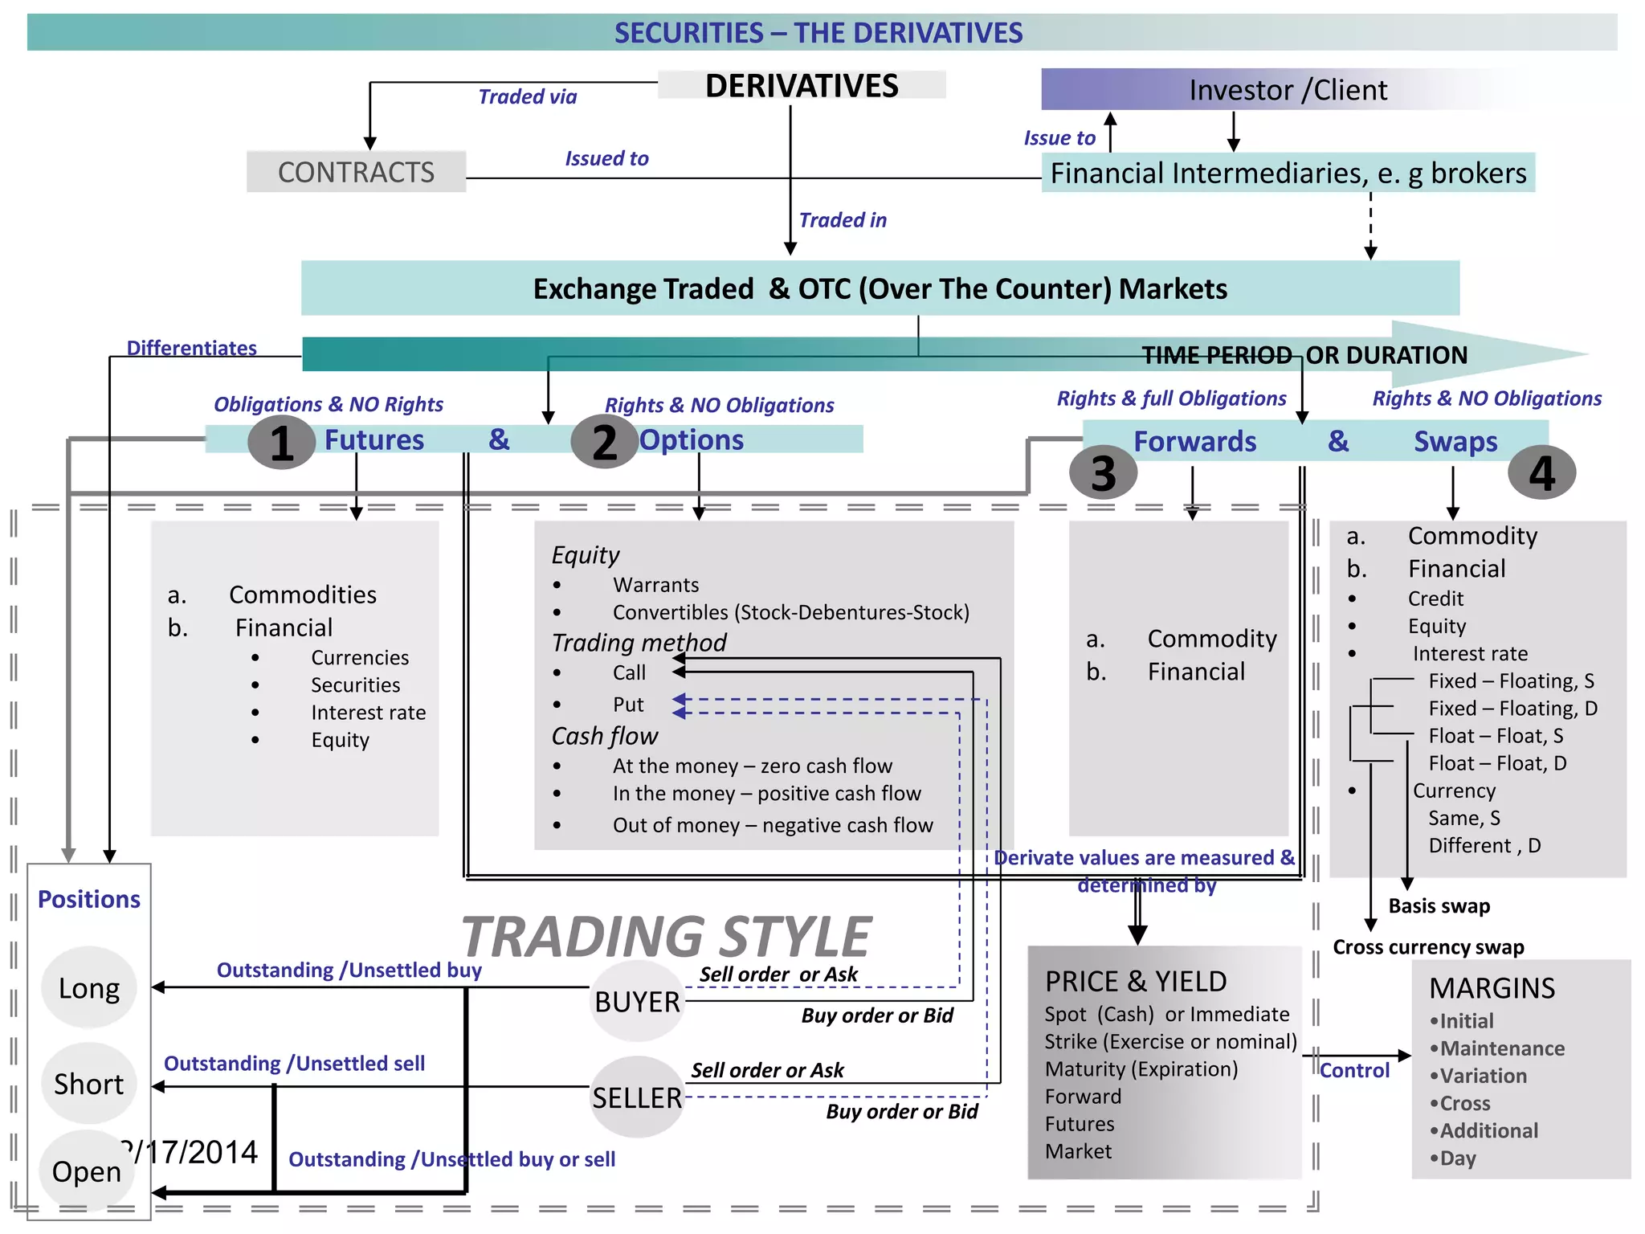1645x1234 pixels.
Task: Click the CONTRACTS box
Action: tap(356, 172)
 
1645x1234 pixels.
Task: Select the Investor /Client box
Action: tap(1288, 89)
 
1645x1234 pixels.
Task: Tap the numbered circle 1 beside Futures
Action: tap(281, 443)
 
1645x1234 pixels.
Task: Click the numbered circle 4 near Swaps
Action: tap(1541, 473)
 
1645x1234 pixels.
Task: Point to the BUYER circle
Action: tap(637, 1002)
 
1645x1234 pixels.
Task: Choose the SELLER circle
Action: tap(637, 1097)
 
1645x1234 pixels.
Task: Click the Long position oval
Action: tap(88, 988)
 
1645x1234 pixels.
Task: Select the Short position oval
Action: tap(88, 1084)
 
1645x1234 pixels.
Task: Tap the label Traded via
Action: tap(528, 97)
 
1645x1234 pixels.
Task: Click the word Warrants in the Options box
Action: tap(655, 585)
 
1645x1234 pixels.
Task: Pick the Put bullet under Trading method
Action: tap(628, 705)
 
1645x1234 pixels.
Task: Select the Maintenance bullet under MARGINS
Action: tap(1501, 1048)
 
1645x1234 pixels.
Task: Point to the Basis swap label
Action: tap(1439, 906)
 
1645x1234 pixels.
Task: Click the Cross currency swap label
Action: tap(1428, 947)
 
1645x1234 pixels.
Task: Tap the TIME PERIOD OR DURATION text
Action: tap(1304, 355)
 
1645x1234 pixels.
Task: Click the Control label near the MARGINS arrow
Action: tap(1354, 1070)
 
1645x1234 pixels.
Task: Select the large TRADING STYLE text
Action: tap(666, 937)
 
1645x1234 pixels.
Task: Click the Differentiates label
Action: tap(192, 348)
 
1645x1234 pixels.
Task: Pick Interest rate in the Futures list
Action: tap(368, 713)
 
